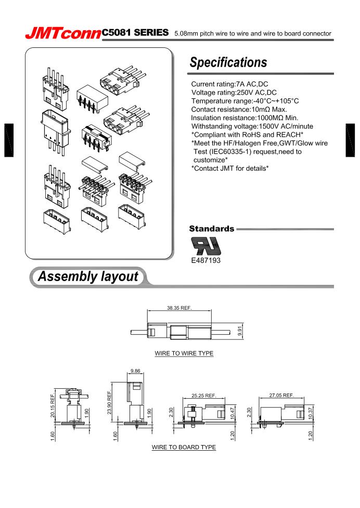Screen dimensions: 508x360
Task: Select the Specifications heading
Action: tap(228, 62)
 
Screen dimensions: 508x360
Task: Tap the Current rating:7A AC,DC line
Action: tap(229, 84)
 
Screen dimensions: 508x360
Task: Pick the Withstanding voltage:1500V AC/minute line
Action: tap(256, 126)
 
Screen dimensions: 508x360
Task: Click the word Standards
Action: tap(211, 228)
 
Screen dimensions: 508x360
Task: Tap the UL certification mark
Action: tap(206, 246)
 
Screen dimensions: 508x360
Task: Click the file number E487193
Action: tap(206, 260)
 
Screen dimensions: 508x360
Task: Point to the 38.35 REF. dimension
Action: tap(179, 308)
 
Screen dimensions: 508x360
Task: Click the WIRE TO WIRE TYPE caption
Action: tap(184, 353)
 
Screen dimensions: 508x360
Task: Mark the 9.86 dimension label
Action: tap(135, 372)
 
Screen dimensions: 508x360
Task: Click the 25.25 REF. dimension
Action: tap(203, 396)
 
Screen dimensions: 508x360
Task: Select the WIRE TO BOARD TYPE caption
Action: tap(184, 447)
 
